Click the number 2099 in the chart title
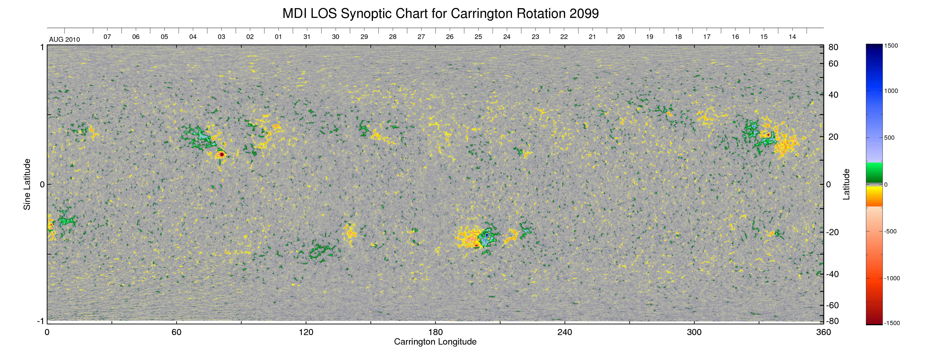[584, 14]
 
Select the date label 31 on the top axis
[307, 37]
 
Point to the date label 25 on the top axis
[478, 37]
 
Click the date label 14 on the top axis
[792, 37]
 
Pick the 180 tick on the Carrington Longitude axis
[435, 332]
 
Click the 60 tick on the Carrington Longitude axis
[176, 332]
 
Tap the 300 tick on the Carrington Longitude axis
[694, 332]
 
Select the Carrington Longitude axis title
[435, 342]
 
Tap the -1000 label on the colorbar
[892, 278]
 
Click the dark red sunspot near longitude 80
[222, 154]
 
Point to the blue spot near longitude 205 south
[487, 235]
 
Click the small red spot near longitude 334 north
[768, 135]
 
